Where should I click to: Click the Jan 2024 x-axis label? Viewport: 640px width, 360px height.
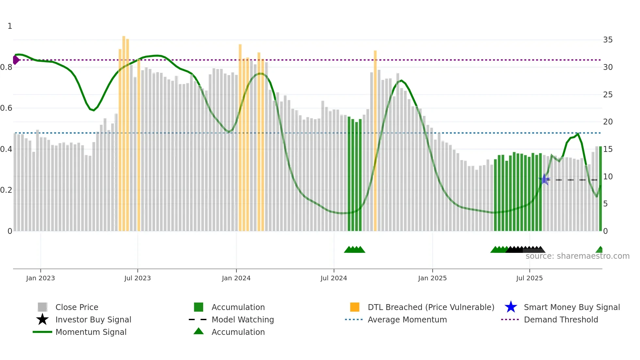coord(236,278)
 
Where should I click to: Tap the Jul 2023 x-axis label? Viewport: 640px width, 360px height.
coord(137,278)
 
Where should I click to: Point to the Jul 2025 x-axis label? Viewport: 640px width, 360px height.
coord(529,278)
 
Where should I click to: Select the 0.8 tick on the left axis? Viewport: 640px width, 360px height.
coord(7,67)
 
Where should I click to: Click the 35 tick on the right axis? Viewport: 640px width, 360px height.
coord(608,40)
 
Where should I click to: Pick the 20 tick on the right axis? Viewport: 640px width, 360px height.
coord(608,122)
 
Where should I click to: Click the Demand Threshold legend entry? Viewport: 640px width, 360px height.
coord(561,319)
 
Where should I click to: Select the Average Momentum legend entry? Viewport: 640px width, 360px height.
coord(407,319)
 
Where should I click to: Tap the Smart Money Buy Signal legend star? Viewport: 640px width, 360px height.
coord(511,307)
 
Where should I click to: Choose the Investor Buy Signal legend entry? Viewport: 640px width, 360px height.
coord(93,319)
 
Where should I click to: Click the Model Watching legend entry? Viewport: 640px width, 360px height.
coord(242,319)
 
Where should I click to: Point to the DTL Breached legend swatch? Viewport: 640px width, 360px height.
coord(355,307)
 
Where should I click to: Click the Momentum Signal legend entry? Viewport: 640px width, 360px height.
coord(91,332)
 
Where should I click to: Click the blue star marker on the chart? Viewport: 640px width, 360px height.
coord(544,179)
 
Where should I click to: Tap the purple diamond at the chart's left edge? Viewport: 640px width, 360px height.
coord(16,60)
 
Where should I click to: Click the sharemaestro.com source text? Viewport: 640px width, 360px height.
coord(577,256)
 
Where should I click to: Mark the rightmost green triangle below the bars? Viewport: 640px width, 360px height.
coord(600,250)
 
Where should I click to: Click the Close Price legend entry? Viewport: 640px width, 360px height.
coord(76,307)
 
